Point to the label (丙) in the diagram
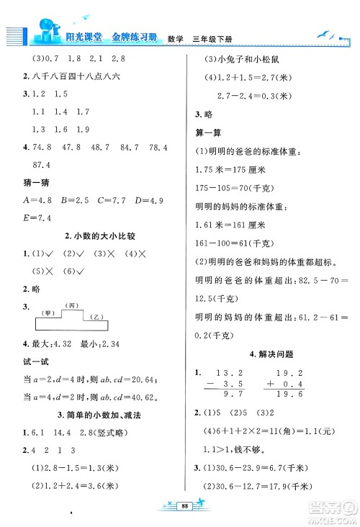71,305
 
